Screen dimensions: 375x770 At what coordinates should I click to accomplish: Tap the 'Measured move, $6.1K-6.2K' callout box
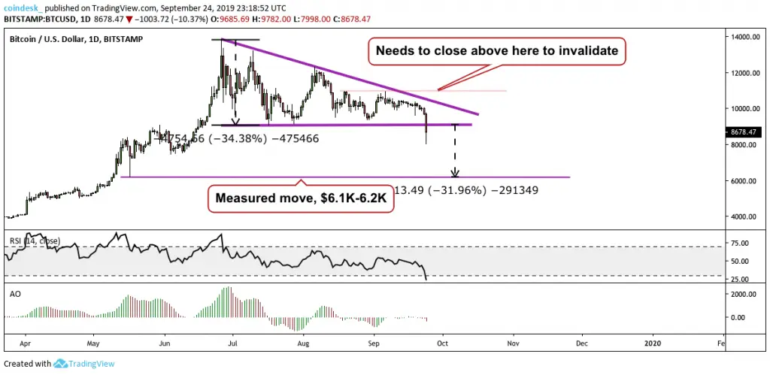300,199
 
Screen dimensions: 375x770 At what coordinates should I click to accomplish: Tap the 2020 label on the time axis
651,344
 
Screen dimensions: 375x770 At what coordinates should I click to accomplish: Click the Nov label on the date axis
513,344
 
